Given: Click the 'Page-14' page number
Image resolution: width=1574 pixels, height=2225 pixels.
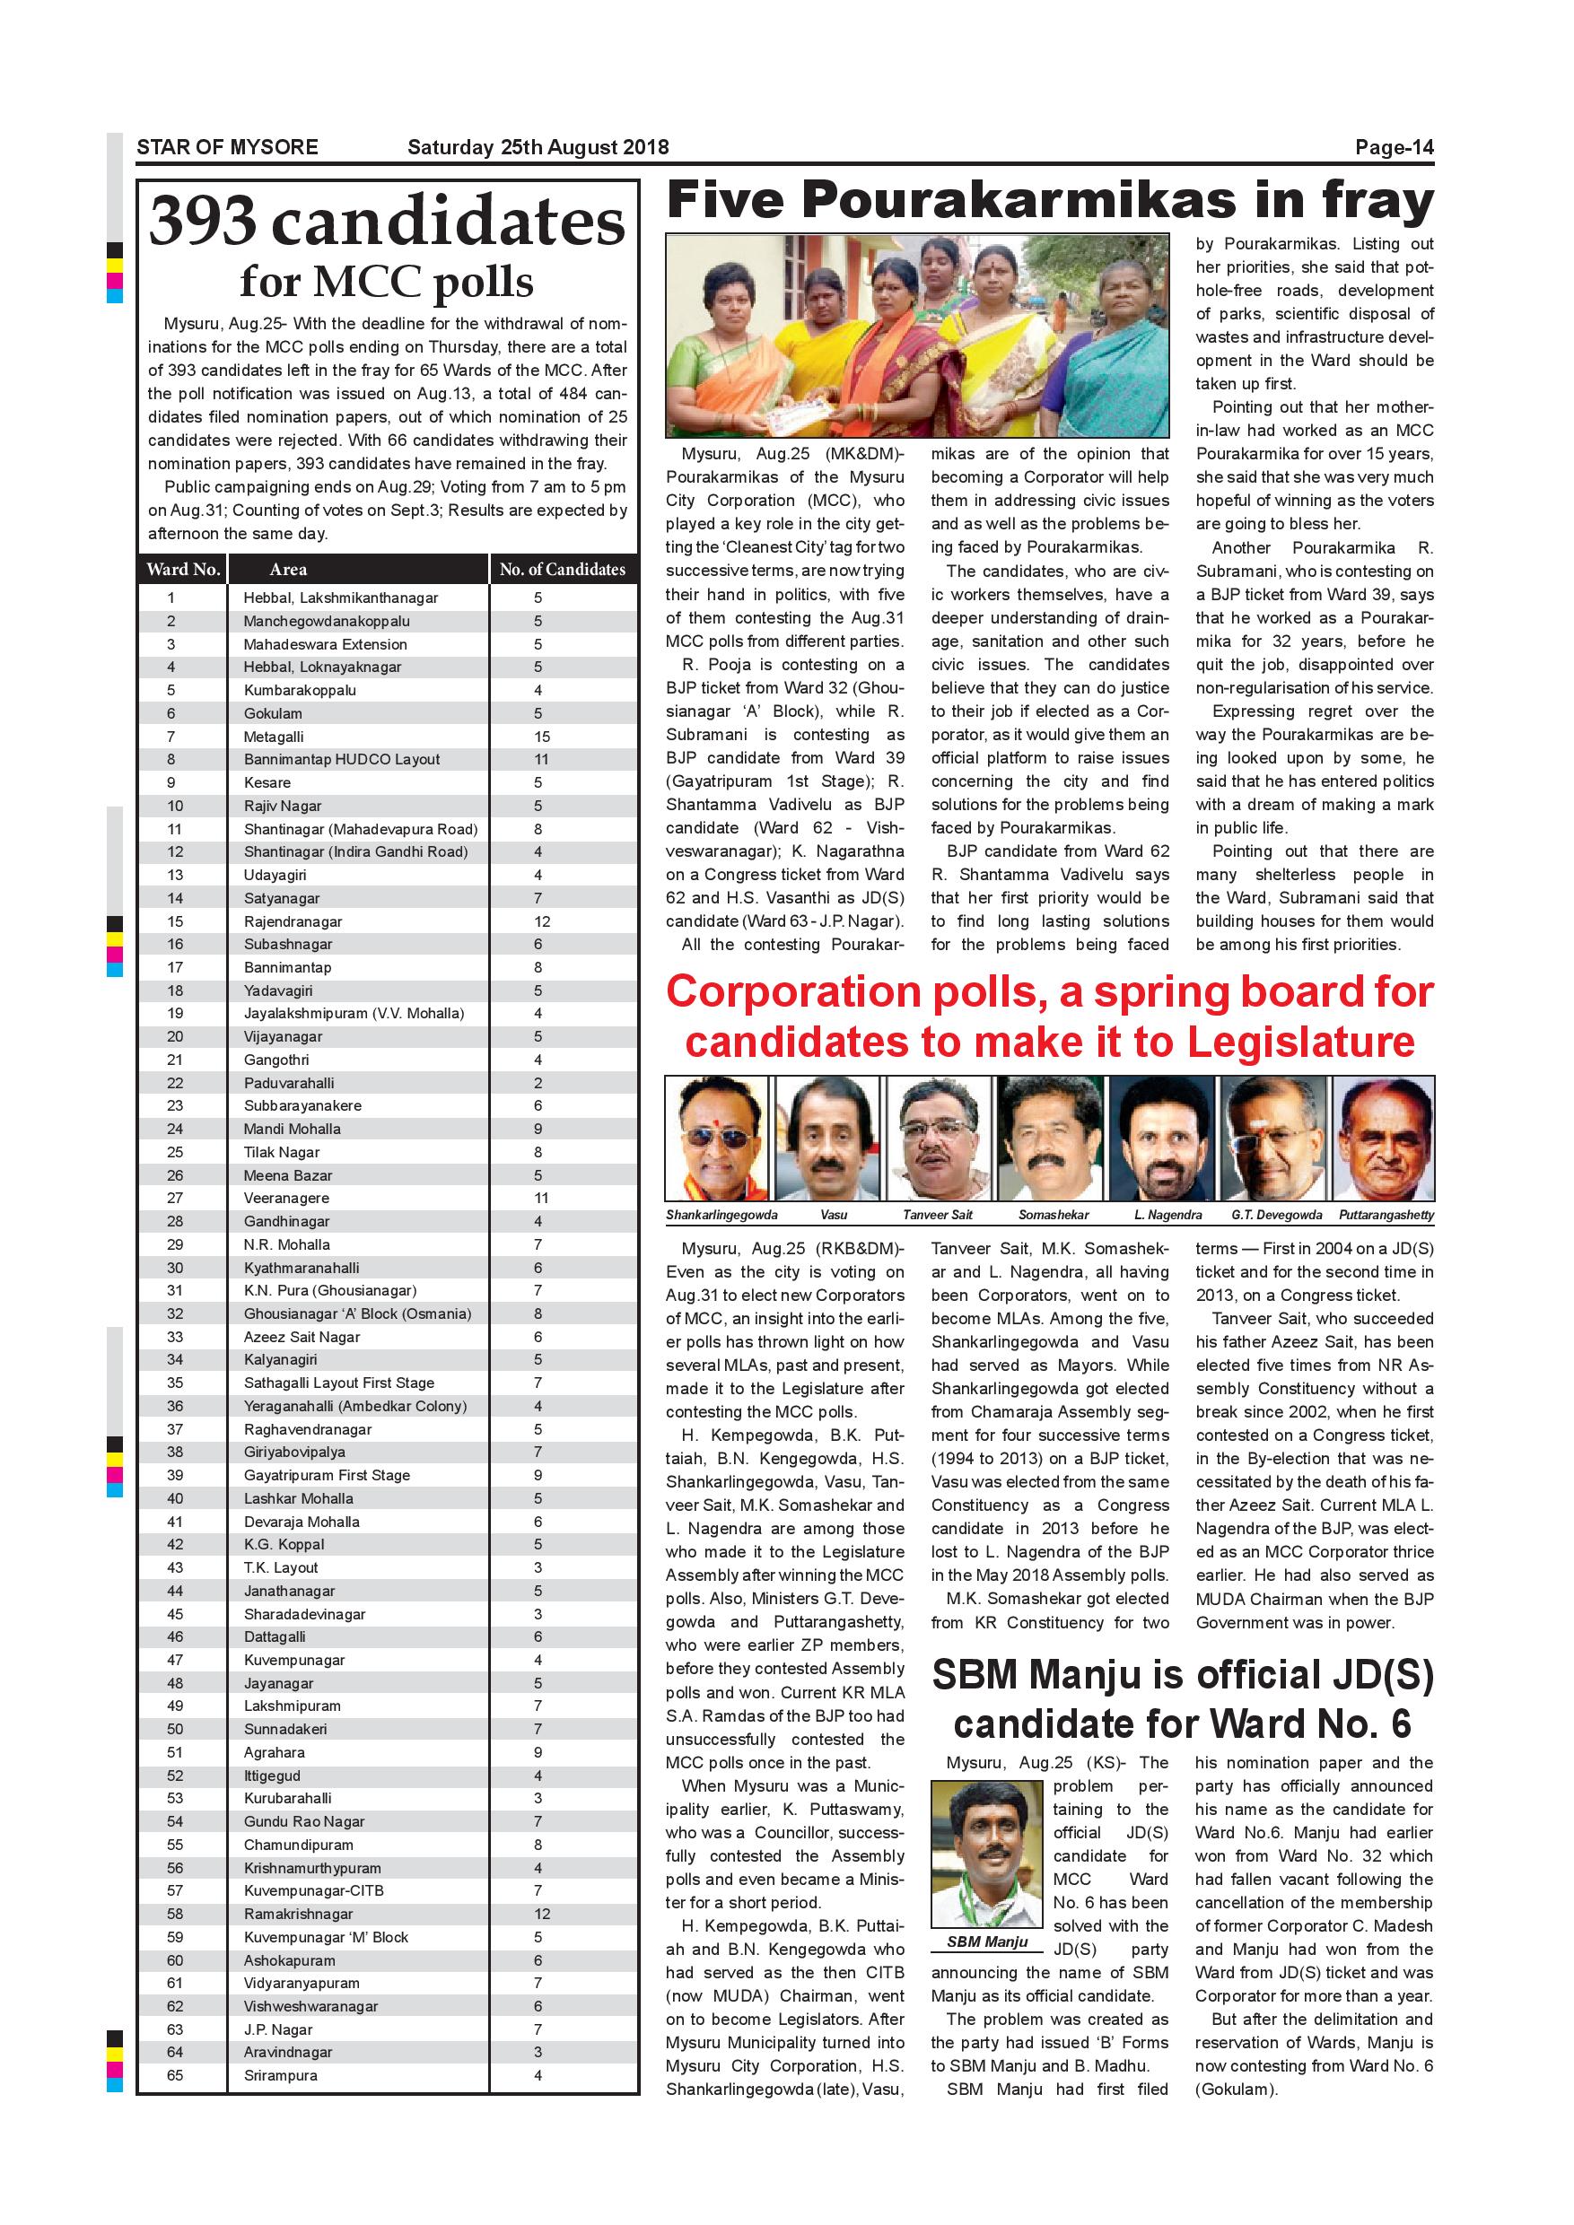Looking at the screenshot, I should [x=1394, y=147].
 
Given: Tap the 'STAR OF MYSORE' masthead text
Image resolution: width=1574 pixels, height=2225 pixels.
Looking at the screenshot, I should [x=227, y=147].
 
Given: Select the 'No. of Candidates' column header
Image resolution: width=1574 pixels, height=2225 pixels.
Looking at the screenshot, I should [x=562, y=570].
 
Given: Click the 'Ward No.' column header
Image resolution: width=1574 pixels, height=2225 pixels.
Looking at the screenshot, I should [x=183, y=570].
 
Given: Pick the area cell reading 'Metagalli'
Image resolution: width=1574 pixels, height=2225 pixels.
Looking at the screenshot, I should [x=274, y=737].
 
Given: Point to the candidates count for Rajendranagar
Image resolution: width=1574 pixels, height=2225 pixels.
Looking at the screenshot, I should [x=542, y=921].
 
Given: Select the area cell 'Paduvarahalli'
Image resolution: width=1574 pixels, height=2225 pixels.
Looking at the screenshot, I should [x=289, y=1083].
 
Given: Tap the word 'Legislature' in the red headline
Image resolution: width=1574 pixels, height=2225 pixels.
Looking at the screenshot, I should [x=1300, y=1042].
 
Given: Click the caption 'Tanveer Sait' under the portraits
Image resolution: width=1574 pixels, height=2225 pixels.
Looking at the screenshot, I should [x=937, y=1214].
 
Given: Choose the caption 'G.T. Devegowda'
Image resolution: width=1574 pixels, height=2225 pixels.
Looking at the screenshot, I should [x=1276, y=1214].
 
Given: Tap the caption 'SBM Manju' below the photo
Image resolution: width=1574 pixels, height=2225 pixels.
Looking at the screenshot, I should [x=986, y=1941].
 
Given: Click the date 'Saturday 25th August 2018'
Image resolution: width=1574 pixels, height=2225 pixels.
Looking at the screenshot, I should [x=538, y=147].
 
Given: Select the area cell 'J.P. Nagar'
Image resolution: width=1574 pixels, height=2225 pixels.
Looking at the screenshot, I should [x=278, y=2029].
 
